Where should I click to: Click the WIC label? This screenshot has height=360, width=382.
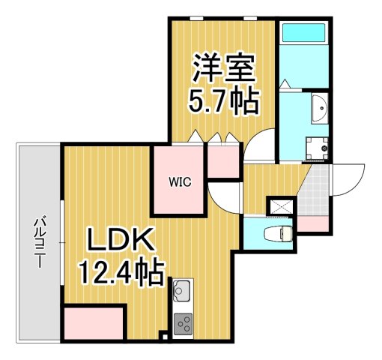pos(179,181)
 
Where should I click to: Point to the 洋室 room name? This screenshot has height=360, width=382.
pos(223,69)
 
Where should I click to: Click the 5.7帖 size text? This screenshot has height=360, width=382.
pos(223,100)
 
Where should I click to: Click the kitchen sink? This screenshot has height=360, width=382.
pos(183,289)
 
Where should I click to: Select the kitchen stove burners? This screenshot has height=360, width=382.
pos(183,323)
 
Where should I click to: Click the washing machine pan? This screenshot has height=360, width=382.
pos(317,148)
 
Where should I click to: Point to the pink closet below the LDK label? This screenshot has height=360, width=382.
pos(94,323)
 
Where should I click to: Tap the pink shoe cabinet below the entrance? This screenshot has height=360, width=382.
pos(312,223)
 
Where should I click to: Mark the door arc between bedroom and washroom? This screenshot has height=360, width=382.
pos(262,144)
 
